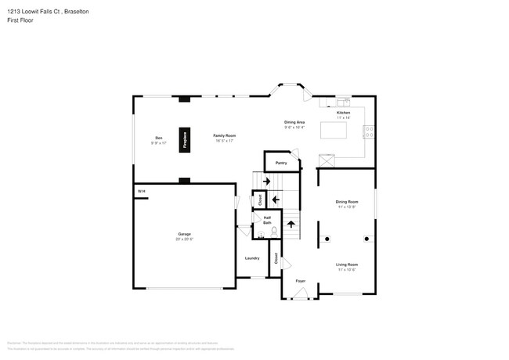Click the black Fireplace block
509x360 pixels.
[x=186, y=139]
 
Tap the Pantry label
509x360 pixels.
[x=281, y=163]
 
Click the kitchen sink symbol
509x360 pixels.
[x=345, y=103]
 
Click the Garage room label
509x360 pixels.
[x=184, y=234]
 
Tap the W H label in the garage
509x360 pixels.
[x=142, y=191]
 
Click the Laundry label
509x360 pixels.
[x=252, y=257]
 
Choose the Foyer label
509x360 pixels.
[x=300, y=280]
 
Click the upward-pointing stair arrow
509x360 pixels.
[x=291, y=225]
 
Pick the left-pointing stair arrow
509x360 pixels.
[x=275, y=200]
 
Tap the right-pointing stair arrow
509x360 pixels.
[x=266, y=182]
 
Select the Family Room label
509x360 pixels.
[x=225, y=135]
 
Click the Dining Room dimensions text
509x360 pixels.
[x=346, y=207]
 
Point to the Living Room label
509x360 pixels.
[x=346, y=265]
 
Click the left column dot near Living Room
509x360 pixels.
[x=328, y=238]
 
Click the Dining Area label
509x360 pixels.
[x=294, y=122]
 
